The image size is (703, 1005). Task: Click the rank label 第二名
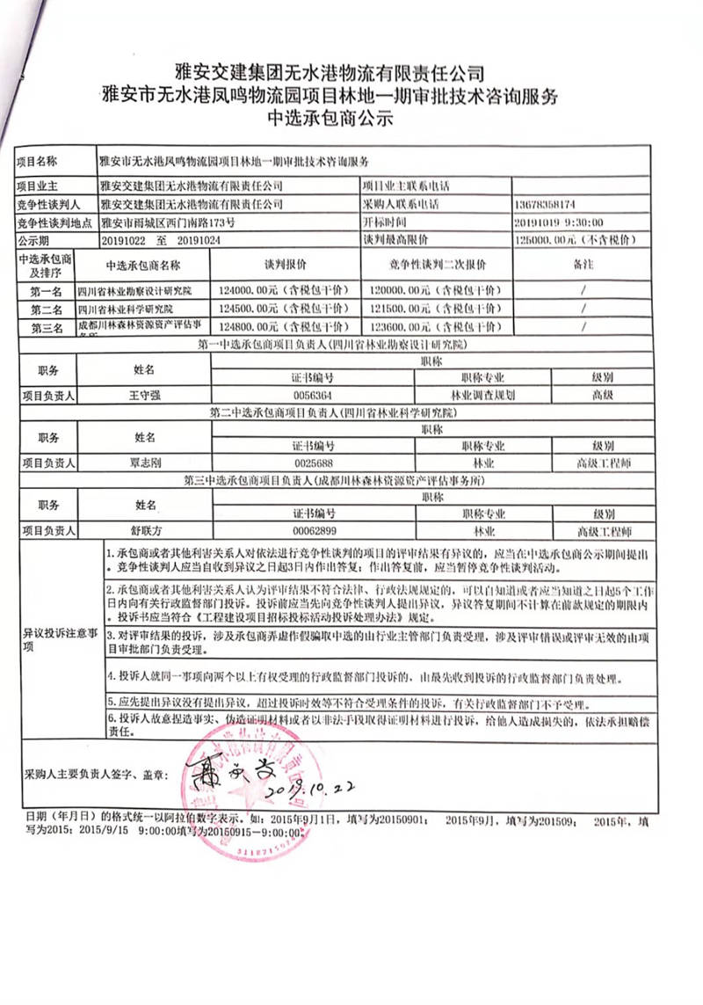pyautogui.click(x=46, y=310)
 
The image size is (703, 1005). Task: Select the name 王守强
pyautogui.click(x=144, y=395)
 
